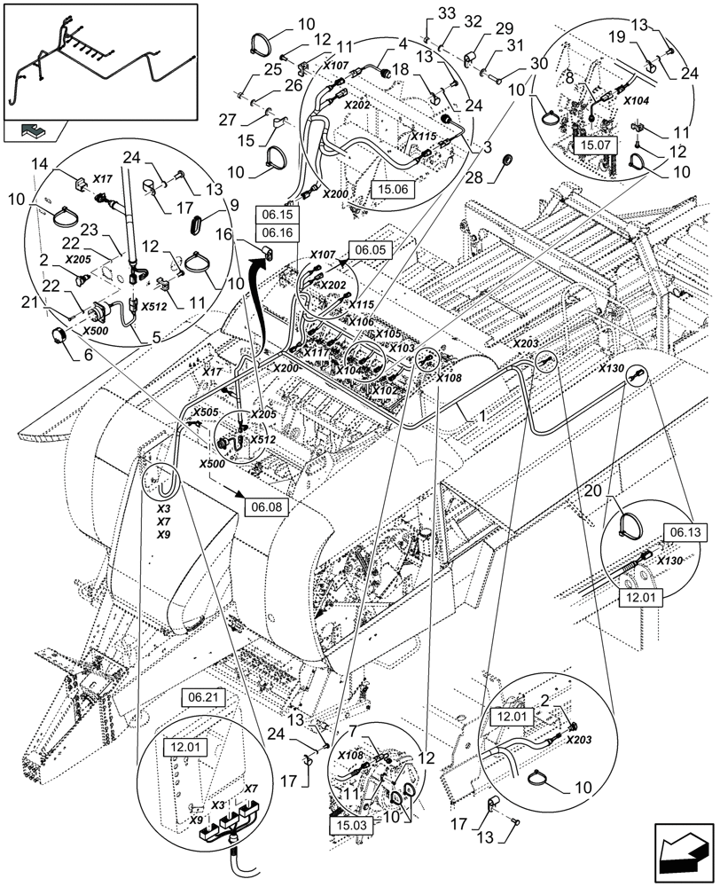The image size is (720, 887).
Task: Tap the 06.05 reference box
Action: pos(369,251)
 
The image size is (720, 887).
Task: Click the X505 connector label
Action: pos(205,412)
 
